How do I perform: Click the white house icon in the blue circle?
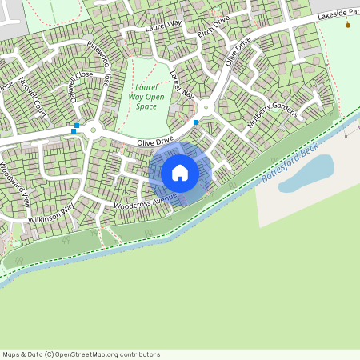pos(180,172)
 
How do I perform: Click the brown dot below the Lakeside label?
pos(347,25)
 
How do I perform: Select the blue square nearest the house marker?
pos(196,122)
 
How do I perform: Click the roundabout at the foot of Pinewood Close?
pos(93,130)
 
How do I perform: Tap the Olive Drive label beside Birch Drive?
pos(238,50)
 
